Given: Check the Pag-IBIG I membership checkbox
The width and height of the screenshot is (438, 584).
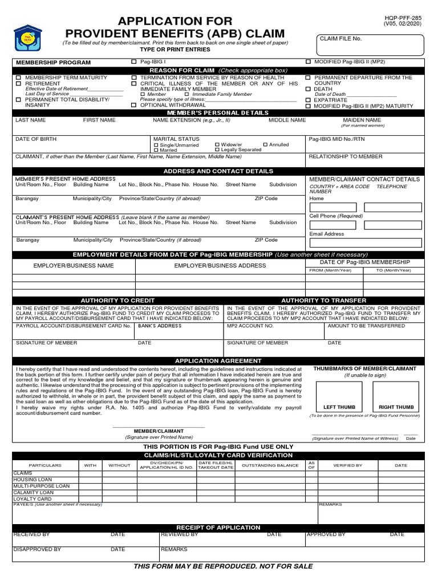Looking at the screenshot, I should (134, 61).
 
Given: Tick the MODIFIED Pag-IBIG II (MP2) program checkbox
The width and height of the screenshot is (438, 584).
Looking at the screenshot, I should (309, 61).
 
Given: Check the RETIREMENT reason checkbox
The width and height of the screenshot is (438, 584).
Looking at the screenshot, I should (19, 83).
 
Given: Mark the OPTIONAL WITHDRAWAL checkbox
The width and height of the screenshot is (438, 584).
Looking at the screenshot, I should (134, 105).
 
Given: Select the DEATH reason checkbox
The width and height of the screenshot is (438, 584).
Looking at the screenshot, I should (309, 89).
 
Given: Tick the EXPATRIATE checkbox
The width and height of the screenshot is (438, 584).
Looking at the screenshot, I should (309, 100).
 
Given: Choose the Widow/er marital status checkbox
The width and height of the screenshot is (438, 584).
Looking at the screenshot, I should (217, 145).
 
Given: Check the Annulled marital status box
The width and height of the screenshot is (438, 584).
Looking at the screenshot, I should (265, 145).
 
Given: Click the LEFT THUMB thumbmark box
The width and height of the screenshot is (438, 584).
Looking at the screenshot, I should (339, 396).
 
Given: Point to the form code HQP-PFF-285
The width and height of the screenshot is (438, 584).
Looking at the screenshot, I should (406, 18).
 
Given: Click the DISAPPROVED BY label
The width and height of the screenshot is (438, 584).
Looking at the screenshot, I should (37, 549).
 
